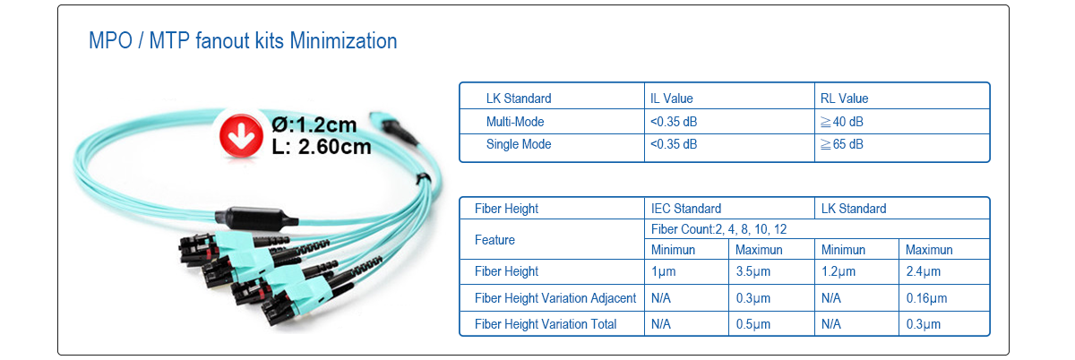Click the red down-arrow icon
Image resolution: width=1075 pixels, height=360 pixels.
tap(241, 136)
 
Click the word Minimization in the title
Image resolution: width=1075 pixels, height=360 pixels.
tap(344, 41)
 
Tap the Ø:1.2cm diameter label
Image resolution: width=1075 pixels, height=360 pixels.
tap(314, 124)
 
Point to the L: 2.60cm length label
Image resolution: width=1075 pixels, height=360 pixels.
tap(322, 146)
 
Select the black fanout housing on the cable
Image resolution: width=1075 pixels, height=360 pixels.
tap(256, 219)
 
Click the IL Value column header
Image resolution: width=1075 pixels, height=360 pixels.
tap(671, 99)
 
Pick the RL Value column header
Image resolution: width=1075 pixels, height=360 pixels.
tap(844, 99)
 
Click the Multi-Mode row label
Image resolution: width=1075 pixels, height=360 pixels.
tap(515, 122)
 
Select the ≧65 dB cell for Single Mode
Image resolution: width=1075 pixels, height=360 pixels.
tap(842, 144)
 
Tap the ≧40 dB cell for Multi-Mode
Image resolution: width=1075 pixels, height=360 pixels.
tap(842, 122)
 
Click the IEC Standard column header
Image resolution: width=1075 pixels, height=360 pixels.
tap(686, 209)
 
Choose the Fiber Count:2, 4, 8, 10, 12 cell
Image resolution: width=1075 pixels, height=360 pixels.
tap(718, 229)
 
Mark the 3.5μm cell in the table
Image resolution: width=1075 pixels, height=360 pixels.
tap(753, 271)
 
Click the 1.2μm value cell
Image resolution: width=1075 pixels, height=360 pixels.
tap(838, 271)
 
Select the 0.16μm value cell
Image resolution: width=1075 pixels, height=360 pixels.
tap(926, 298)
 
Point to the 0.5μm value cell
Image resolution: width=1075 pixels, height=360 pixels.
tap(753, 324)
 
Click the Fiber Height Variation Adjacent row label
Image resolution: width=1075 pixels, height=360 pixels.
tap(555, 298)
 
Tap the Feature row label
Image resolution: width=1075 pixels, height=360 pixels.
tap(494, 240)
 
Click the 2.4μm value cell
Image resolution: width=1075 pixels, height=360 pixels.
tap(923, 271)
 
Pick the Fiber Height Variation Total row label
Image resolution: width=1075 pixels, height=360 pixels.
tap(546, 324)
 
